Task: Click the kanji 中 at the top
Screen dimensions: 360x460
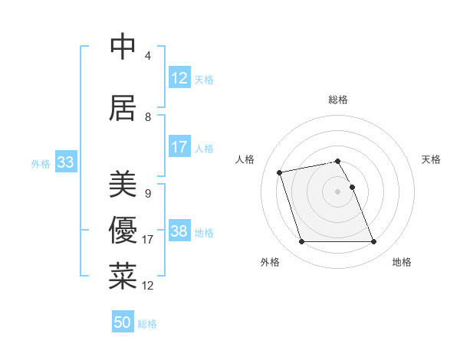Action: tap(123, 47)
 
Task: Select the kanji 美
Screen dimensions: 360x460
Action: tap(123, 185)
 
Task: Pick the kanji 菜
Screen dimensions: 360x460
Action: tap(123, 277)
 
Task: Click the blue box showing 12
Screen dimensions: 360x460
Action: tap(179, 78)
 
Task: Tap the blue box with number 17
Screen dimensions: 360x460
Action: tap(179, 147)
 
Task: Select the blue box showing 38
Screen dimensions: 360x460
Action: tap(179, 231)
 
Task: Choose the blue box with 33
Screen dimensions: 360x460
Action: tap(65, 162)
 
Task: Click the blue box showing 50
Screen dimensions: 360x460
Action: tap(123, 322)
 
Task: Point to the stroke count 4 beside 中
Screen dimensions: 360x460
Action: tap(147, 56)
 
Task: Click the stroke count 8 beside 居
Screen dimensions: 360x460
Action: tap(147, 117)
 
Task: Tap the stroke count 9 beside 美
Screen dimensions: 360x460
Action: tap(147, 194)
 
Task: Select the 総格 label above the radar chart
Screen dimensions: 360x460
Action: tap(338, 100)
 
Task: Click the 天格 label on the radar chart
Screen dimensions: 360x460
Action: tap(431, 159)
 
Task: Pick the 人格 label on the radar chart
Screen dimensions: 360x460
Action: tap(245, 159)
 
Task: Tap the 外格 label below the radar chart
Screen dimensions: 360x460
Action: tap(270, 262)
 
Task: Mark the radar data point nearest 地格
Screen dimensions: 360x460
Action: tap(373, 242)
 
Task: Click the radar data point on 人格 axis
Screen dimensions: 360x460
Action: tap(280, 172)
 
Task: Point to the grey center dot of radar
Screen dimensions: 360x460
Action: tap(338, 191)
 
